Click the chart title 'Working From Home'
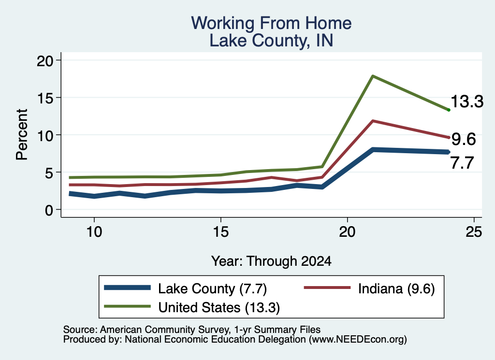[271, 23]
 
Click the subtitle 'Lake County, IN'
[271, 41]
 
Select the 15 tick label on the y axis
[45, 98]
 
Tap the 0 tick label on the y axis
[49, 210]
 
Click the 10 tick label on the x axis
[94, 232]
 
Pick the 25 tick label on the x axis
[474, 232]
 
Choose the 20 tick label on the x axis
[347, 232]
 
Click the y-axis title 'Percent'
[22, 135]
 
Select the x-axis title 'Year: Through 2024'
[271, 261]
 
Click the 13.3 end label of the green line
[467, 101]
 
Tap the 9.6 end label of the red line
[464, 139]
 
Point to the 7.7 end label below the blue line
[462, 163]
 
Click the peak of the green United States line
[373, 76]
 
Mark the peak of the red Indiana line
[373, 121]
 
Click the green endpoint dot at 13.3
[449, 110]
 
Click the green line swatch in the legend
[128, 306]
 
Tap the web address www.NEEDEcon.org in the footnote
[358, 340]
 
